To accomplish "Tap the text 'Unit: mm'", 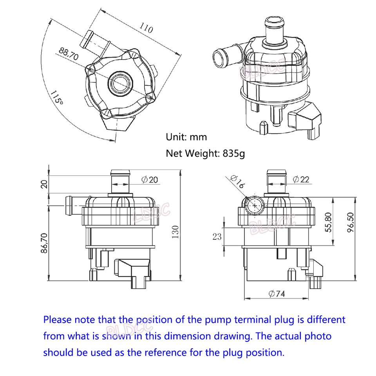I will tap(186, 137).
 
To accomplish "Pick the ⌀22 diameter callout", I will tap(301, 179).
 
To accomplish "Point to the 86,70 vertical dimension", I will tap(44, 243).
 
